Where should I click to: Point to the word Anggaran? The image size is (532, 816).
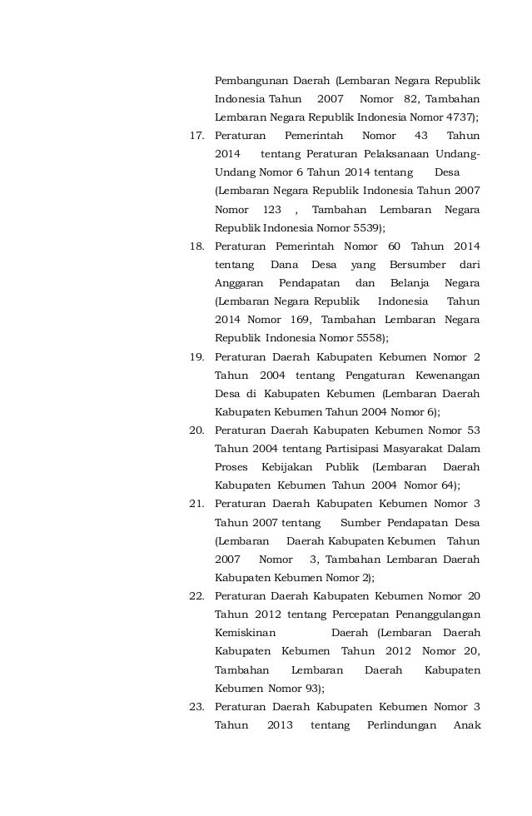coord(240,283)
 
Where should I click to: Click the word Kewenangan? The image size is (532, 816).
coord(440,376)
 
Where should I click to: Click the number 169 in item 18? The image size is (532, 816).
coord(297,321)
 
